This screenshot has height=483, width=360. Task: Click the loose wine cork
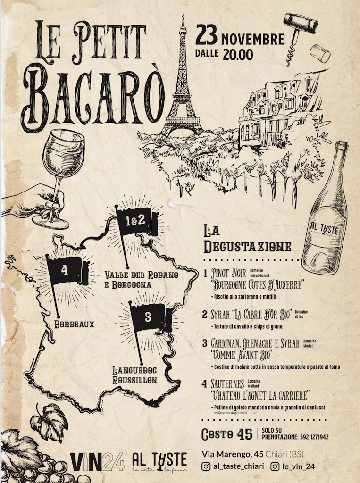point(321,53)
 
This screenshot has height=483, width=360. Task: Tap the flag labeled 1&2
point(134,221)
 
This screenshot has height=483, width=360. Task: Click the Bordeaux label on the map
point(74,325)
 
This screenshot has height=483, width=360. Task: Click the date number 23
point(206,36)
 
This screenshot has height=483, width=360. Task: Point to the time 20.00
point(238,54)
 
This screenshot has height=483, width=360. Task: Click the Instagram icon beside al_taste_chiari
point(206,466)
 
